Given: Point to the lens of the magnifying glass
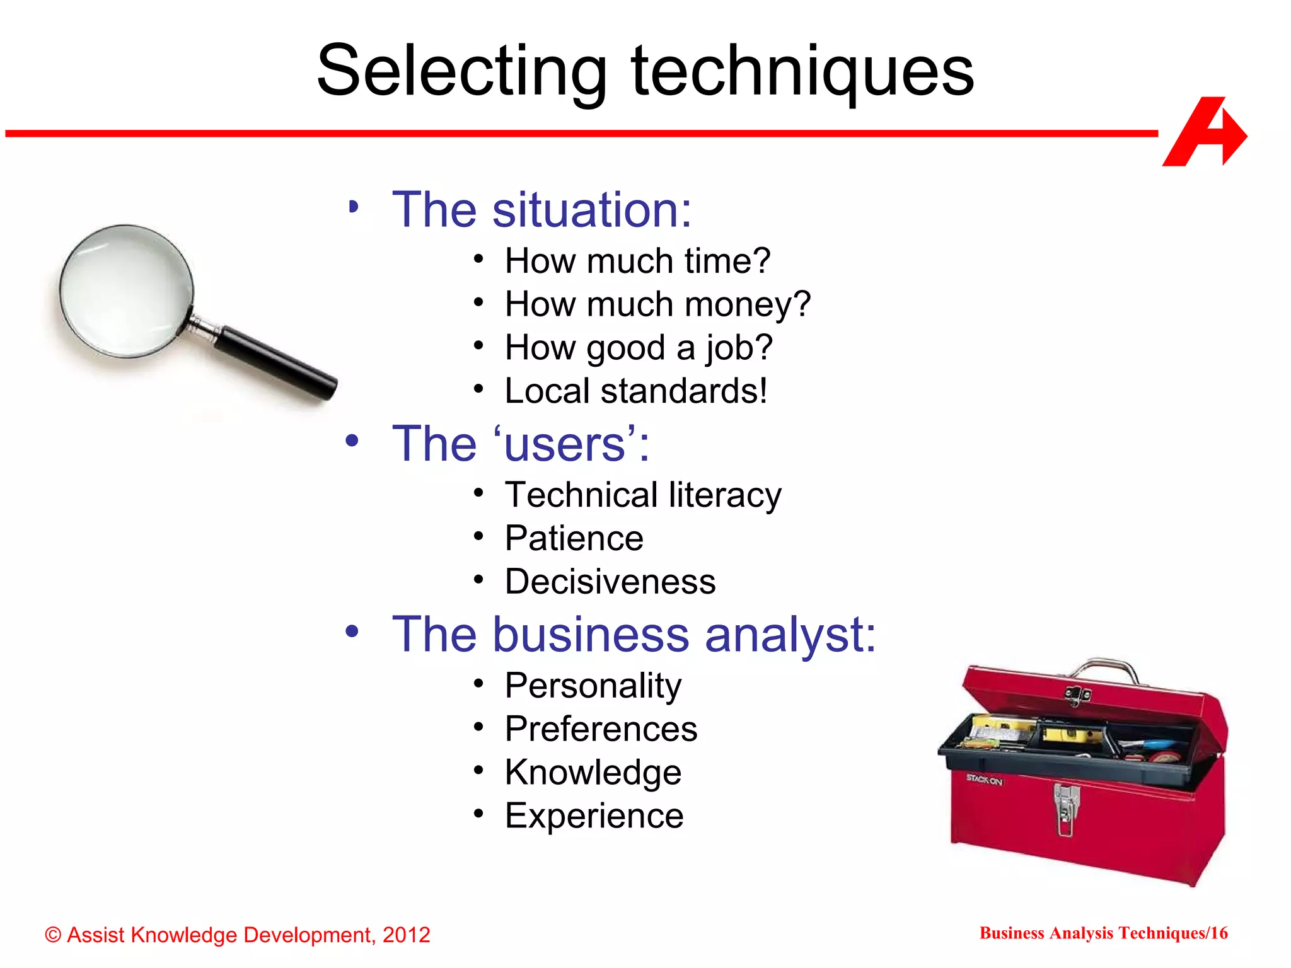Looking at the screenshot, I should (126, 291).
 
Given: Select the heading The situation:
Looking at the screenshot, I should (541, 210).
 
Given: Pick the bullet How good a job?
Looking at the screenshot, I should (638, 348).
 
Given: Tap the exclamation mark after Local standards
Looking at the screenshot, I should (763, 391).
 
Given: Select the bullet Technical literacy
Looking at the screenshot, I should (642, 495).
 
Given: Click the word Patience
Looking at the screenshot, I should (574, 538).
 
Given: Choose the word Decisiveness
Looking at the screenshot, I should (610, 582).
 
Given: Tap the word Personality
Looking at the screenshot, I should (593, 686).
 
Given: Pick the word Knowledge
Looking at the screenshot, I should (593, 773).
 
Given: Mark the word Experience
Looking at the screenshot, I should (594, 816).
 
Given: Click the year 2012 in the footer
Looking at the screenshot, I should (406, 935).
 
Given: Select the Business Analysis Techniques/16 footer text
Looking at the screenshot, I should (1103, 933).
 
